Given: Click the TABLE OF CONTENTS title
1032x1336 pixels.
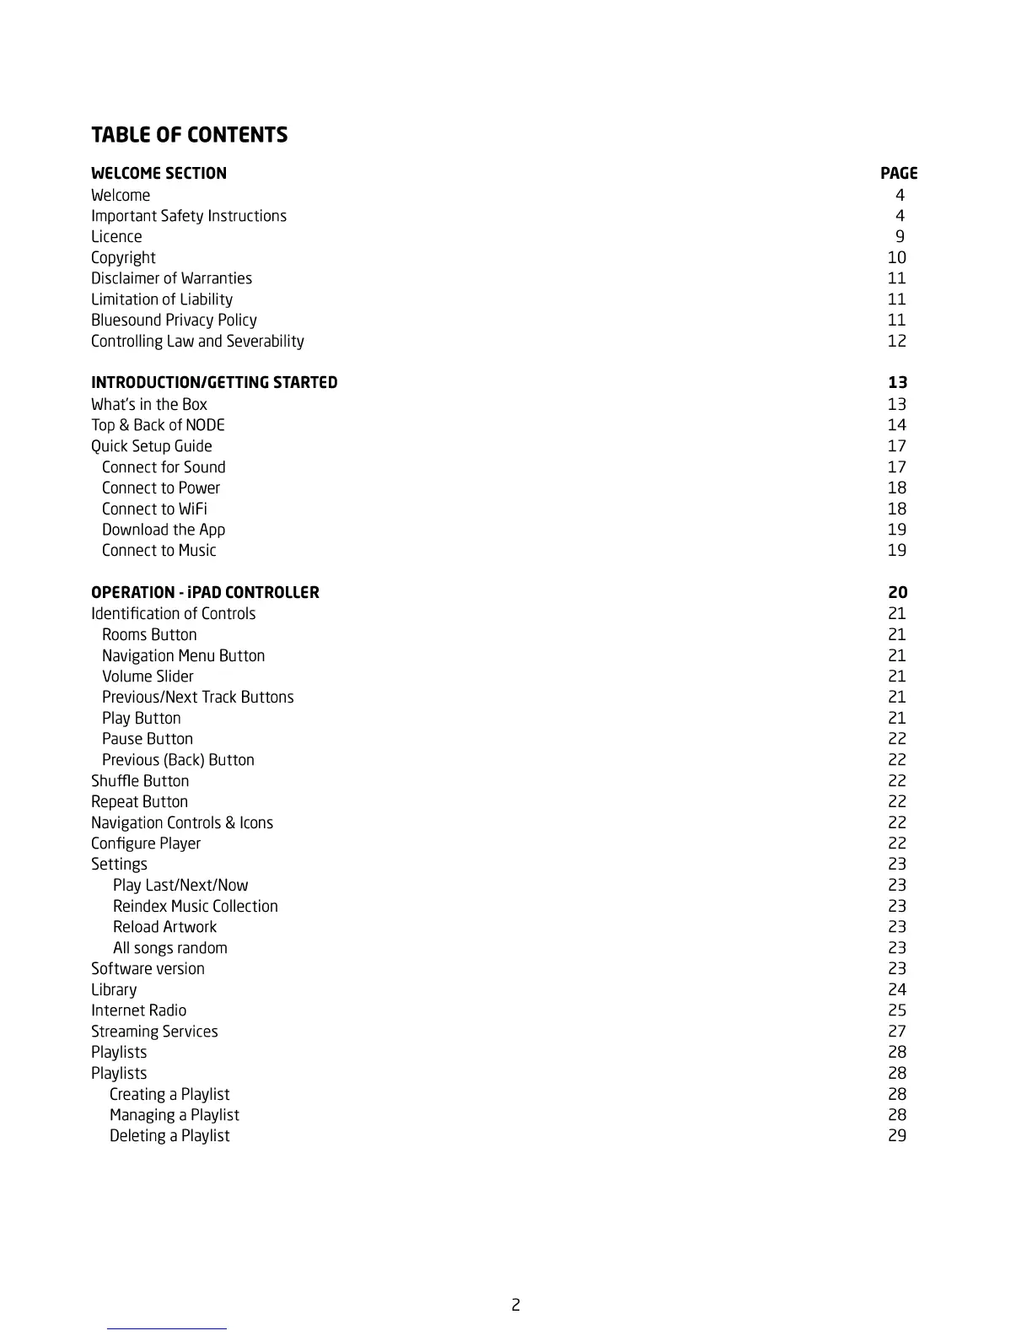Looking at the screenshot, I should [189, 135].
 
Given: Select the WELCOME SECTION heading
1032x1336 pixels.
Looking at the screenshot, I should [159, 174].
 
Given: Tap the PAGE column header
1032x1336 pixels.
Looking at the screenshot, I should [898, 174].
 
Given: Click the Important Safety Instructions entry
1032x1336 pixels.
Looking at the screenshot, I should [189, 216].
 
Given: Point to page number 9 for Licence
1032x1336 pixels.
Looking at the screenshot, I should [900, 237].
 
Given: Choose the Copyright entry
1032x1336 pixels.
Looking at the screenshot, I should [123, 258].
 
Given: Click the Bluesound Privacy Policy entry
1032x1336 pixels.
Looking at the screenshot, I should [174, 321].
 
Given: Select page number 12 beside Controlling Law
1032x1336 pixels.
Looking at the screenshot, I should [896, 342].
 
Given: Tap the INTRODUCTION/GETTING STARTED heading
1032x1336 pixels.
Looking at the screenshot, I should [214, 383].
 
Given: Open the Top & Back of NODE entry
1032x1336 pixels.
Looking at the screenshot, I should [158, 425].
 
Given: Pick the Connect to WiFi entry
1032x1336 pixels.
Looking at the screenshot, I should [154, 509].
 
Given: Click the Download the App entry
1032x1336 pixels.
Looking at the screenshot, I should [164, 530].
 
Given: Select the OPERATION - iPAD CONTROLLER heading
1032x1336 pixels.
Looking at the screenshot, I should [205, 593].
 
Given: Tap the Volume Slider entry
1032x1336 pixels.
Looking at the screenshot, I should [148, 676].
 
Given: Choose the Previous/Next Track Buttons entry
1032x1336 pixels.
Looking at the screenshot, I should [197, 698].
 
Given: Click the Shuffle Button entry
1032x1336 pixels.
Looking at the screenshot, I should [140, 781].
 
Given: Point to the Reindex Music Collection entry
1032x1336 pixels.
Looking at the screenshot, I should [195, 907].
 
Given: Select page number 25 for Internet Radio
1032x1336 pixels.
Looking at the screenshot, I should [896, 1010].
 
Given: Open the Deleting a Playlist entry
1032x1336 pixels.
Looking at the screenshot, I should [169, 1136].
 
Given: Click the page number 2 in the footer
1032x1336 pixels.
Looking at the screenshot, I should [515, 1306].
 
